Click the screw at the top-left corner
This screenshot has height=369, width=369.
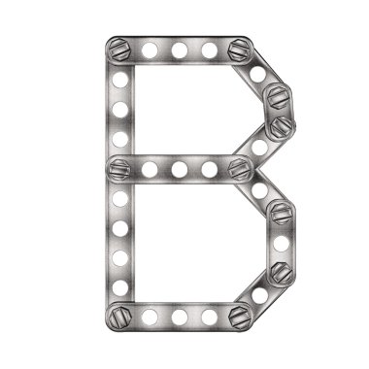118,48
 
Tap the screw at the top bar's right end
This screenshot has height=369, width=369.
239,49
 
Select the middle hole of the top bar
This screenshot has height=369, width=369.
179,49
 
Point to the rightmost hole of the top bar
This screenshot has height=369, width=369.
209,49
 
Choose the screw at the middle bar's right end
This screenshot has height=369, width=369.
239,168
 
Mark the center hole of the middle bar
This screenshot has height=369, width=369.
179,169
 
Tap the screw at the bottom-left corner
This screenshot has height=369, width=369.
118,316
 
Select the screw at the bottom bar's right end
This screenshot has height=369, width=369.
239,316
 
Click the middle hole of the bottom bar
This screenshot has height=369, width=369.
179,317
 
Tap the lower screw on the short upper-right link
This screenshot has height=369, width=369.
280,125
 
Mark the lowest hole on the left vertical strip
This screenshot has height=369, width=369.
119,286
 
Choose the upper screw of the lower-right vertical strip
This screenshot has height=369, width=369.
280,213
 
